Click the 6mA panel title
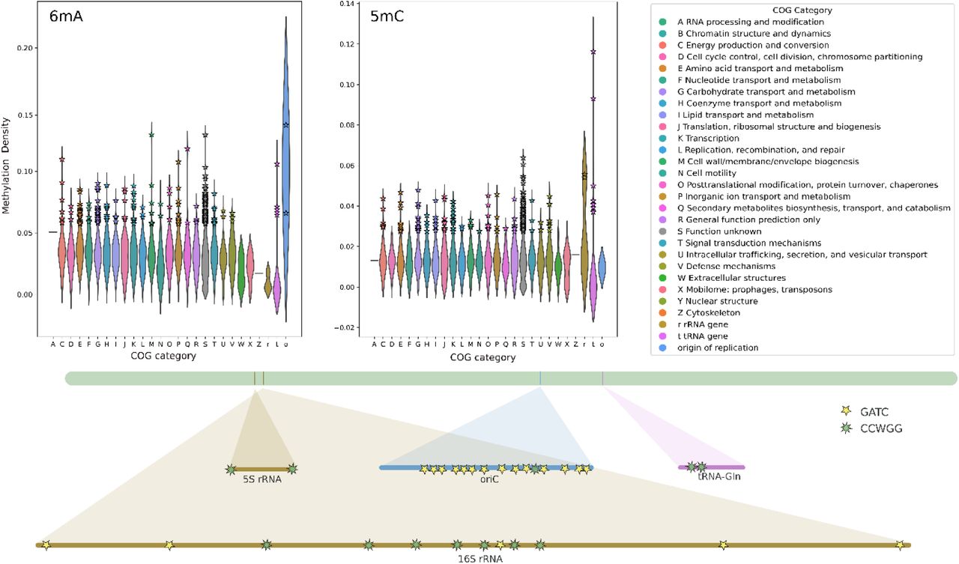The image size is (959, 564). point(65,16)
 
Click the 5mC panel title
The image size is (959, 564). point(387,16)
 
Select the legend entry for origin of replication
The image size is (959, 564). point(717,348)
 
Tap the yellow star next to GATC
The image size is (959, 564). point(847,411)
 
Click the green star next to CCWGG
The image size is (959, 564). point(847,428)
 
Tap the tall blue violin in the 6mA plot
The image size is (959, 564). point(286,150)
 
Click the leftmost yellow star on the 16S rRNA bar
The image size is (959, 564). point(46,545)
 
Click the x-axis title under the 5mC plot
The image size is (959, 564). point(482,357)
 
